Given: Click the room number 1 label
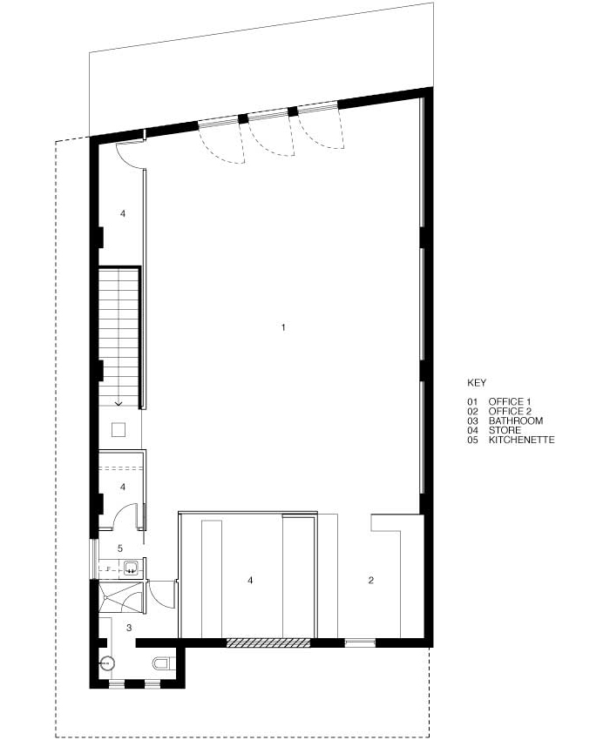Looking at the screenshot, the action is (x=283, y=327).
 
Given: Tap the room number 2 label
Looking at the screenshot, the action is (x=371, y=580).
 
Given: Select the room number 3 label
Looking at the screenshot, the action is (x=129, y=627).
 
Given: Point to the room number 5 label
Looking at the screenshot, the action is (x=120, y=548).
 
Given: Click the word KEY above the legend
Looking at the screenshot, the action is (x=477, y=383).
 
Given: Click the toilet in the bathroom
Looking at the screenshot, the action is (x=161, y=663).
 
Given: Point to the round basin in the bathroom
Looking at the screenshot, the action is (x=107, y=663).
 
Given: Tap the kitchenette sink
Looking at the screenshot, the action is (x=132, y=567).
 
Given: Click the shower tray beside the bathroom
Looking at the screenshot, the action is (x=120, y=597).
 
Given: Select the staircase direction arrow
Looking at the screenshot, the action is (x=119, y=402).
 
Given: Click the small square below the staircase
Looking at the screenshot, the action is (x=119, y=429).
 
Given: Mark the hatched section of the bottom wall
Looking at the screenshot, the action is (x=268, y=642).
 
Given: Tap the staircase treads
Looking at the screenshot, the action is (x=119, y=334).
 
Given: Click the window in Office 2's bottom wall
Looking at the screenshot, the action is (x=360, y=642).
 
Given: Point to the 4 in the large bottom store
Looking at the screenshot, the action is (x=250, y=580).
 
